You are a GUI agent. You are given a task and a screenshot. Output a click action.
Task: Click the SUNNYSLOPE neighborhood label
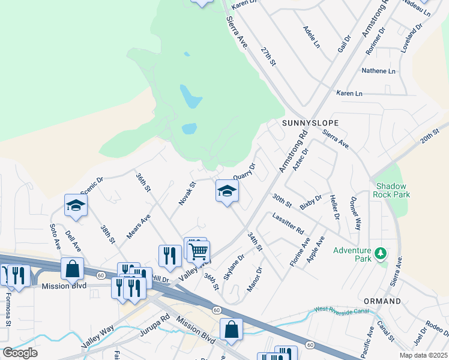click(x=310, y=122)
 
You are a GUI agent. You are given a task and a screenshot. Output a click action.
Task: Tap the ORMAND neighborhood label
click(x=382, y=301)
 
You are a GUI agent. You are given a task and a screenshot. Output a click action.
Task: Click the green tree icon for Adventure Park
click(x=380, y=254)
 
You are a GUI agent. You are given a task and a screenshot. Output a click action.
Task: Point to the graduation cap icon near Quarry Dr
click(x=227, y=191)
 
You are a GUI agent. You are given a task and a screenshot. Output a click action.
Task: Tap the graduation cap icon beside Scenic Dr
click(x=76, y=205)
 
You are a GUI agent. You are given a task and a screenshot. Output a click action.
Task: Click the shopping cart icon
click(x=199, y=251)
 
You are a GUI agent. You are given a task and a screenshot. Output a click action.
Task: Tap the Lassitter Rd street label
click(x=288, y=223)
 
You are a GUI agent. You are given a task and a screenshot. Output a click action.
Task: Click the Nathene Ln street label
click(x=378, y=71)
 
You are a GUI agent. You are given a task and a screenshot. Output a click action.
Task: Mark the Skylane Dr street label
click(x=234, y=267)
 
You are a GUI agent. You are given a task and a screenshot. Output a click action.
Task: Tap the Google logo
click(x=20, y=352)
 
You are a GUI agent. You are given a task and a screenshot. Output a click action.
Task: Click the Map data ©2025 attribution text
click(x=423, y=355)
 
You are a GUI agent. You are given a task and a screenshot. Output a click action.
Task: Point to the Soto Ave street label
click(x=55, y=237)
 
